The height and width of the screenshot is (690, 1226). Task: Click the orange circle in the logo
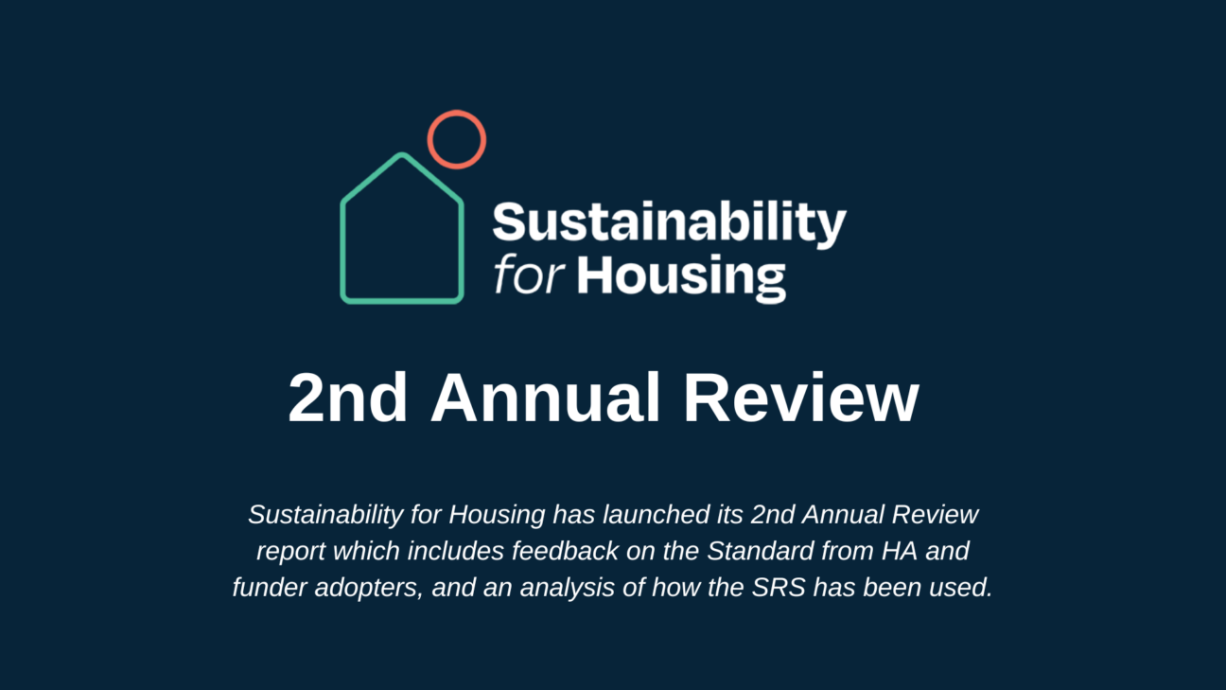click(x=457, y=113)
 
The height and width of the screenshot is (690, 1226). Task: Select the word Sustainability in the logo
click(x=670, y=223)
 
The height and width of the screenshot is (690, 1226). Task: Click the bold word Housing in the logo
click(x=681, y=277)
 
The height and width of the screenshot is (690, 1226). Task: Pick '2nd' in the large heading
click(x=348, y=398)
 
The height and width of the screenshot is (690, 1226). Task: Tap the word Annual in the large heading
click(x=546, y=398)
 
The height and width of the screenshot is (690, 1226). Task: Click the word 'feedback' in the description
click(x=566, y=551)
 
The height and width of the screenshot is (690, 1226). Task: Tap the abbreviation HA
click(x=900, y=551)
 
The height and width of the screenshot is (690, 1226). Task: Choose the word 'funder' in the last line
click(x=270, y=588)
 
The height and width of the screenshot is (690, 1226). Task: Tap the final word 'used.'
click(x=961, y=588)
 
